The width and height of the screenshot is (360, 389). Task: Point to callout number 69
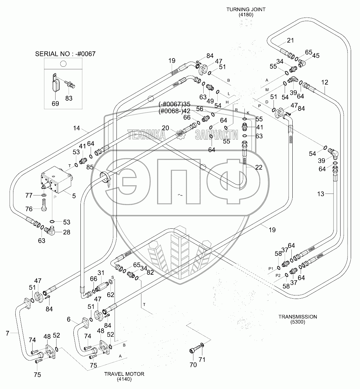[55, 104]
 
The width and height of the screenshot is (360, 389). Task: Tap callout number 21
[290, 41]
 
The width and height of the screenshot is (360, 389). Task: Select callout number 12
[325, 82]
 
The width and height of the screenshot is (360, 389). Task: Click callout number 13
[320, 194]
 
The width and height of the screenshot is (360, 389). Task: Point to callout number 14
[76, 128]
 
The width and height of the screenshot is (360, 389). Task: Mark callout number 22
[259, 167]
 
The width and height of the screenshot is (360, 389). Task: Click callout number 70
[193, 365]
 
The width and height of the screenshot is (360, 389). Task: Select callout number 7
[7, 334]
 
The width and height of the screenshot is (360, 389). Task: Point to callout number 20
[165, 128]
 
